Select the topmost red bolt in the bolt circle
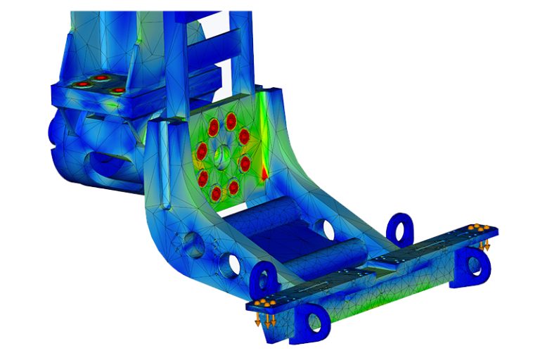231,118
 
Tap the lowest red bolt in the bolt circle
216,193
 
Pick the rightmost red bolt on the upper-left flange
119,90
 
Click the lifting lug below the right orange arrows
477,264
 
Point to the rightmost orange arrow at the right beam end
487,245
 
